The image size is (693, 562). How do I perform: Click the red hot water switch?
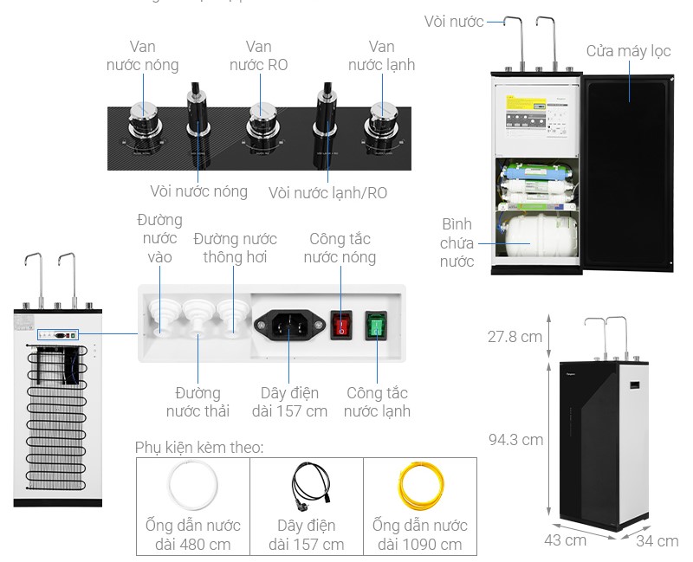tap(341, 325)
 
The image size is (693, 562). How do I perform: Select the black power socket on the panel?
tap(290, 326)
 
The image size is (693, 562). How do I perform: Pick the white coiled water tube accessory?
tap(192, 488)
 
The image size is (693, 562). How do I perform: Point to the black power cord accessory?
tap(306, 488)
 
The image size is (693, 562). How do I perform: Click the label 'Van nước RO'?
tap(258, 55)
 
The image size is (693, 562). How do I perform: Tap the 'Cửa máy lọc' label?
tap(628, 51)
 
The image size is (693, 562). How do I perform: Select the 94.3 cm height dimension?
tap(515, 439)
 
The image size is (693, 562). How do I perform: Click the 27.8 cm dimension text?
tap(515, 336)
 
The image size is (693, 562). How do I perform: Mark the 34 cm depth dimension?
tap(657, 541)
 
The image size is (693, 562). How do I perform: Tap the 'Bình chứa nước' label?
tap(457, 242)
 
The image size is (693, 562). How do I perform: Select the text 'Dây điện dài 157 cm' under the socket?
tap(289, 402)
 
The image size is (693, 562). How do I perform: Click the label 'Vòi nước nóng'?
tap(198, 191)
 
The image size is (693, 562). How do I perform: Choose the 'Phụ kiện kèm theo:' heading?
tap(199, 447)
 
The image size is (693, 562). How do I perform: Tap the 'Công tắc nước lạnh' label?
tap(377, 402)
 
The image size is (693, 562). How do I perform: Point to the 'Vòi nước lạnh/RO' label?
tap(327, 192)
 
